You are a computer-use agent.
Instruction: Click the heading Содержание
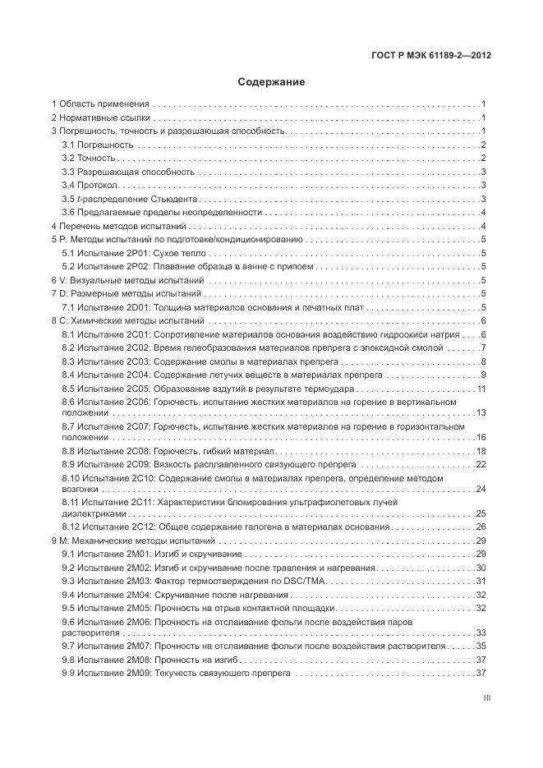click(271, 82)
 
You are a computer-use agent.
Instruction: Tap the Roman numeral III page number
click(487, 698)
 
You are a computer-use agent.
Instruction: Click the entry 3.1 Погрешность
click(99, 145)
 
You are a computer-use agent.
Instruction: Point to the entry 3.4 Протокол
click(92, 185)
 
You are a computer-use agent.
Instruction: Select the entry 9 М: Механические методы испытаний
click(133, 541)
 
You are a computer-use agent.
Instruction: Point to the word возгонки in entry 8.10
click(82, 490)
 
